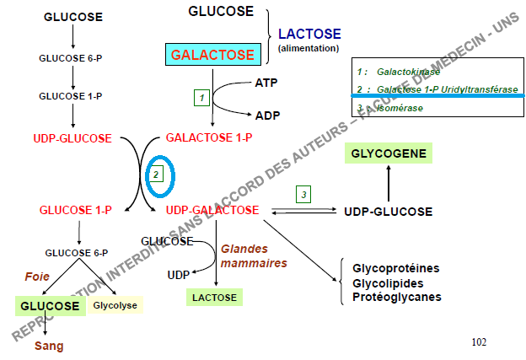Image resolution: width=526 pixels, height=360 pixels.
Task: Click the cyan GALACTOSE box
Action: point(212,55)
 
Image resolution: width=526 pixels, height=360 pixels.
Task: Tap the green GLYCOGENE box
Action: point(388,153)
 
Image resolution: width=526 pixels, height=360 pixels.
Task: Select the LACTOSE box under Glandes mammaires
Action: point(214,297)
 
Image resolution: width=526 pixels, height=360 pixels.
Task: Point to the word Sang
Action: point(48,346)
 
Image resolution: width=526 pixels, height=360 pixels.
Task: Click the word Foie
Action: point(36,276)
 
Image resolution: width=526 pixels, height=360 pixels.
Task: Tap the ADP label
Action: point(267,116)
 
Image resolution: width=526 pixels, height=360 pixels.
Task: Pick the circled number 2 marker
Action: point(156,175)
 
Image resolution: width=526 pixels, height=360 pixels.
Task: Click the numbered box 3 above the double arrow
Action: point(303,195)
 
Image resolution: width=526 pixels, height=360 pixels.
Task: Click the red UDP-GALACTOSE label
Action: point(212,210)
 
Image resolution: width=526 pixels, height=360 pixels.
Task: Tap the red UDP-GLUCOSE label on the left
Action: point(72,137)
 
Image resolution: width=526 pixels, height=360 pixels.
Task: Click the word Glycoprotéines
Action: point(395,268)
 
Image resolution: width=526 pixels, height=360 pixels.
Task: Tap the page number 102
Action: point(479,341)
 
